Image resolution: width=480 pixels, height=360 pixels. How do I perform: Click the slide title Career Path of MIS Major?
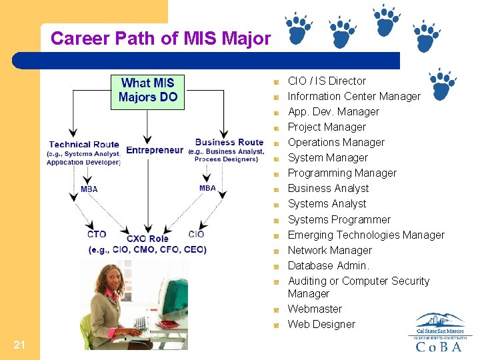[x=161, y=39]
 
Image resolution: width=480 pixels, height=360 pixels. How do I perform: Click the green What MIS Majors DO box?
[x=148, y=90]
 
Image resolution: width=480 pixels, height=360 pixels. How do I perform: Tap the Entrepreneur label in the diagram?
[x=154, y=150]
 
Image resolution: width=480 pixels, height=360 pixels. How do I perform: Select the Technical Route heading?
[x=84, y=144]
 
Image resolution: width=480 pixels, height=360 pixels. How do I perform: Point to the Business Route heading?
[x=229, y=142]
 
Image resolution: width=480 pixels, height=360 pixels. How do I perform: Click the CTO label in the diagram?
[x=97, y=234]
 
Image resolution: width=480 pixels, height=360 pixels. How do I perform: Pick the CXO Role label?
[x=147, y=239]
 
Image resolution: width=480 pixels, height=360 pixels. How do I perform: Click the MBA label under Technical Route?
[x=89, y=189]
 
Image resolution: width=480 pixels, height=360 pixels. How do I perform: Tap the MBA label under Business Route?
[x=207, y=188]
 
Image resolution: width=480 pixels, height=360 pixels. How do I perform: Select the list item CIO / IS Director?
[x=327, y=81]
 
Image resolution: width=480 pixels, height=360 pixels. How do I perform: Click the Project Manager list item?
[x=327, y=127]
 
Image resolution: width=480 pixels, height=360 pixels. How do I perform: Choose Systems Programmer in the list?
[x=339, y=219]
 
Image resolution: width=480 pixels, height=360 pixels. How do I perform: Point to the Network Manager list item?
[x=329, y=250]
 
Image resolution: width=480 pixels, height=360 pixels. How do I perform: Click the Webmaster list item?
[x=315, y=309]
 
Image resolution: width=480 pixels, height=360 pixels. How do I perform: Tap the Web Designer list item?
[x=321, y=324]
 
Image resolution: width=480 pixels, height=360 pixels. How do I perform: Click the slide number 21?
[x=19, y=344]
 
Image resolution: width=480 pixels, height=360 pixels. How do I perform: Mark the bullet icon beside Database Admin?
[x=276, y=266]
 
